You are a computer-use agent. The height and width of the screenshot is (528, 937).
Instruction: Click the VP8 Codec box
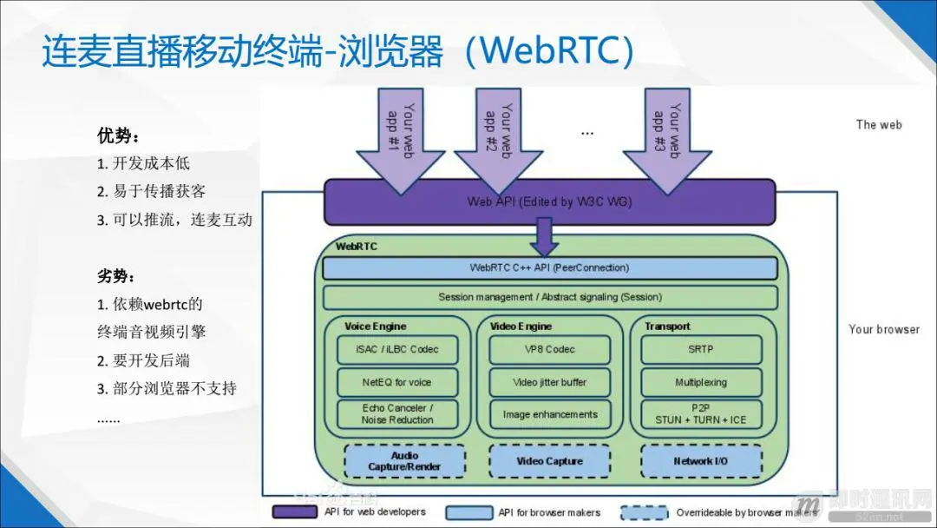(549, 349)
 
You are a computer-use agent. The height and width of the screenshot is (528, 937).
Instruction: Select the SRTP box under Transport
(701, 349)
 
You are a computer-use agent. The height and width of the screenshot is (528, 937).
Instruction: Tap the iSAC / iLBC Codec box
(397, 349)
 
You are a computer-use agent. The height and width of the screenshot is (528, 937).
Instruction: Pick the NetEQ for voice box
(397, 382)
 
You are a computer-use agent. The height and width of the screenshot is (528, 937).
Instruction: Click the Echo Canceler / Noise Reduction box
(397, 414)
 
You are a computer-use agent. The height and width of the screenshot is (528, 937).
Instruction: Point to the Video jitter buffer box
(549, 382)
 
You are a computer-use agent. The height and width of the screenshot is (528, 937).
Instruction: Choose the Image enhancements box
(549, 414)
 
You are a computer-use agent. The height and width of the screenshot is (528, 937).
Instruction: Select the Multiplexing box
(701, 382)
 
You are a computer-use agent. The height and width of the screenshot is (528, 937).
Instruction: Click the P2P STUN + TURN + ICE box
(701, 414)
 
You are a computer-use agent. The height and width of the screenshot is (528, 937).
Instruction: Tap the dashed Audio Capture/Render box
(404, 461)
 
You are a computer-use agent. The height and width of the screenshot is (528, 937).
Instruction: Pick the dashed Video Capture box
(549, 461)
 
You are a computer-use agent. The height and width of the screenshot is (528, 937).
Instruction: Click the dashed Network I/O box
(701, 461)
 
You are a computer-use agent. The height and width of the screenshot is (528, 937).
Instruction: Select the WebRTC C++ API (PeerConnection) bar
(549, 267)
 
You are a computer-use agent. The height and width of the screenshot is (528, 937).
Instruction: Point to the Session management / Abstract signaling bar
(549, 297)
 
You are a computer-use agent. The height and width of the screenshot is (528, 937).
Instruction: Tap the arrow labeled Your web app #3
(666, 139)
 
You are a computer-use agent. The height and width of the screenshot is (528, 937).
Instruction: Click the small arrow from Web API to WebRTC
(545, 235)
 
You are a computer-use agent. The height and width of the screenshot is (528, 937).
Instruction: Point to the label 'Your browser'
(883, 329)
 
